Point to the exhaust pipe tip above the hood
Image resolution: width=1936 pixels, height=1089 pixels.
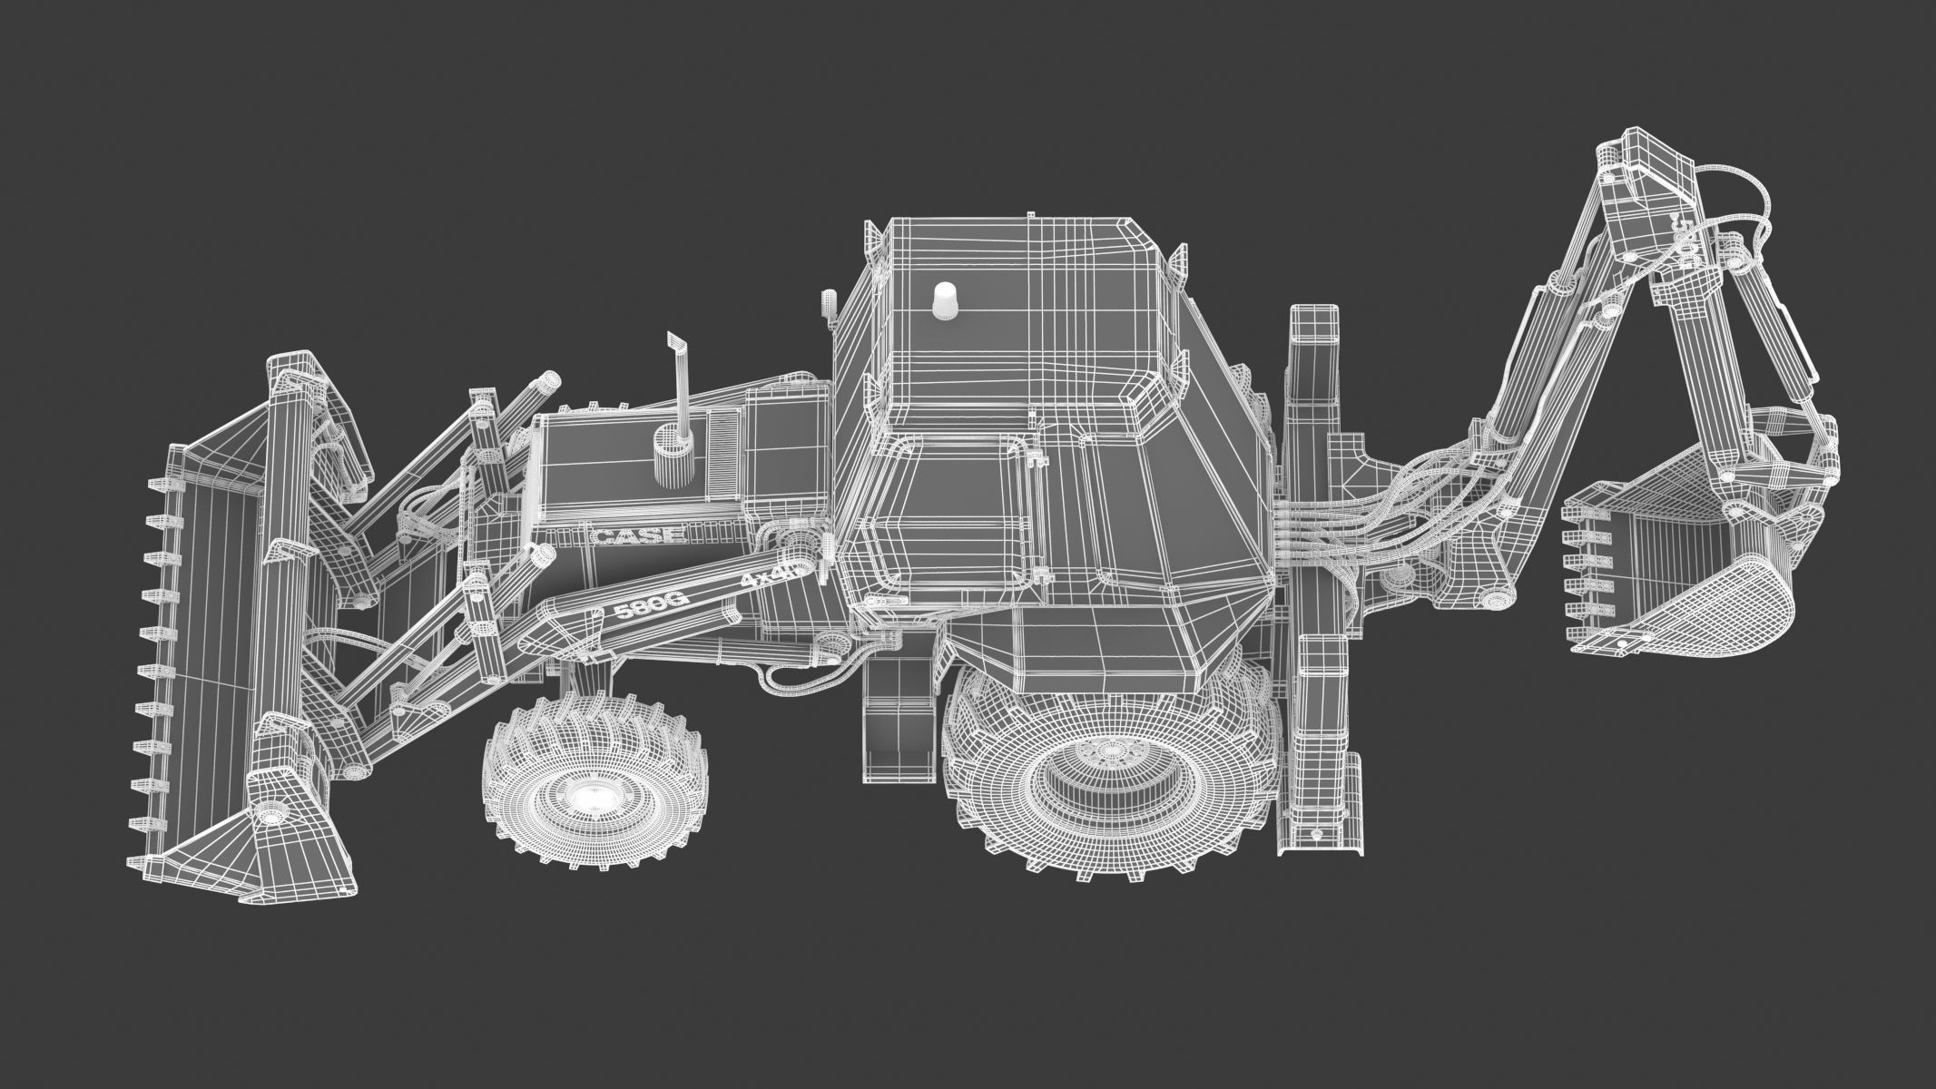(x=676, y=344)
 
